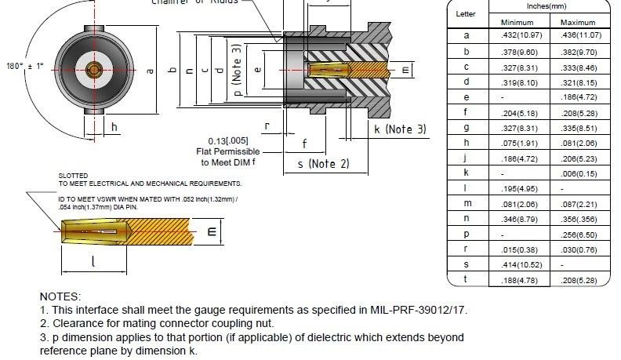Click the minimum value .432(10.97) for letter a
517,35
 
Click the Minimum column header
517,21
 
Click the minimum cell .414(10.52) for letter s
517,265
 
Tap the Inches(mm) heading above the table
546,6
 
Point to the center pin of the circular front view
94,69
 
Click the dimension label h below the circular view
114,127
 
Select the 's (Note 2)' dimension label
323,163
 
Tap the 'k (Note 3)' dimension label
399,128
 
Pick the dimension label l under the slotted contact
93,263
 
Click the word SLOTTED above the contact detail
73,176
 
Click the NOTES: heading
60,296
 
